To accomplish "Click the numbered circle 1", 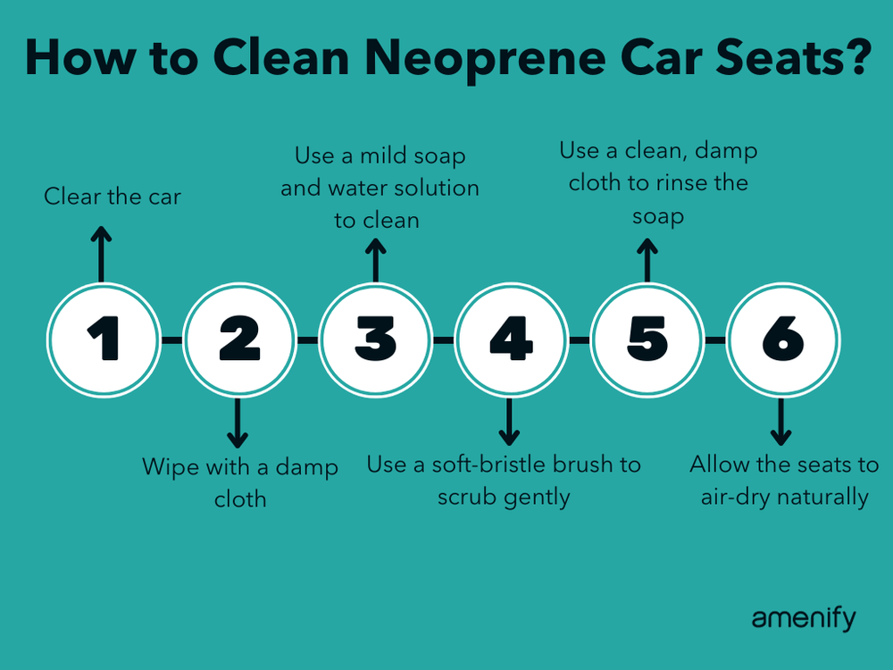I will [103, 339].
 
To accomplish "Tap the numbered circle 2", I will [238, 339].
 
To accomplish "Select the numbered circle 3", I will [375, 339].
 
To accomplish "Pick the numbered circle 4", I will [511, 339].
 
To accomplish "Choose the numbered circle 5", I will [647, 339].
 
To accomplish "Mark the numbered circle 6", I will [783, 339].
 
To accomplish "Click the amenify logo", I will [803, 618].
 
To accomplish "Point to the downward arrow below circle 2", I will [238, 423].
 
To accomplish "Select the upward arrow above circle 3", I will [375, 258].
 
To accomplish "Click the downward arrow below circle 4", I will [509, 423].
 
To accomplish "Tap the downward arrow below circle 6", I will [781, 423].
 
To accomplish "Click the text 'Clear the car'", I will [113, 197].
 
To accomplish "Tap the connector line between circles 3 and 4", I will [443, 339].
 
